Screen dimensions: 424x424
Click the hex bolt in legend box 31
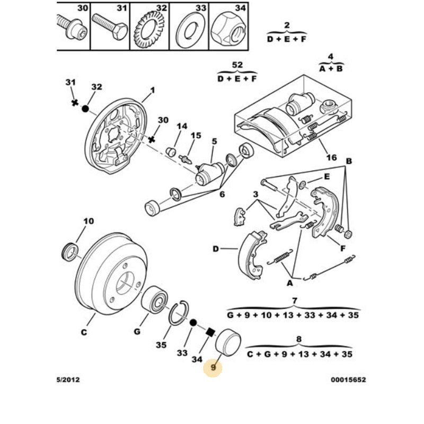click(109, 24)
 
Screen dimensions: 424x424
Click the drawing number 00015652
click(348, 380)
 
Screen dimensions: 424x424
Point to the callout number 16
click(332, 157)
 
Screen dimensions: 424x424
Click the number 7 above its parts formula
click(294, 301)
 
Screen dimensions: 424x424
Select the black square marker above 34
click(210, 332)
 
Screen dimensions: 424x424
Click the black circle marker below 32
click(85, 108)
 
